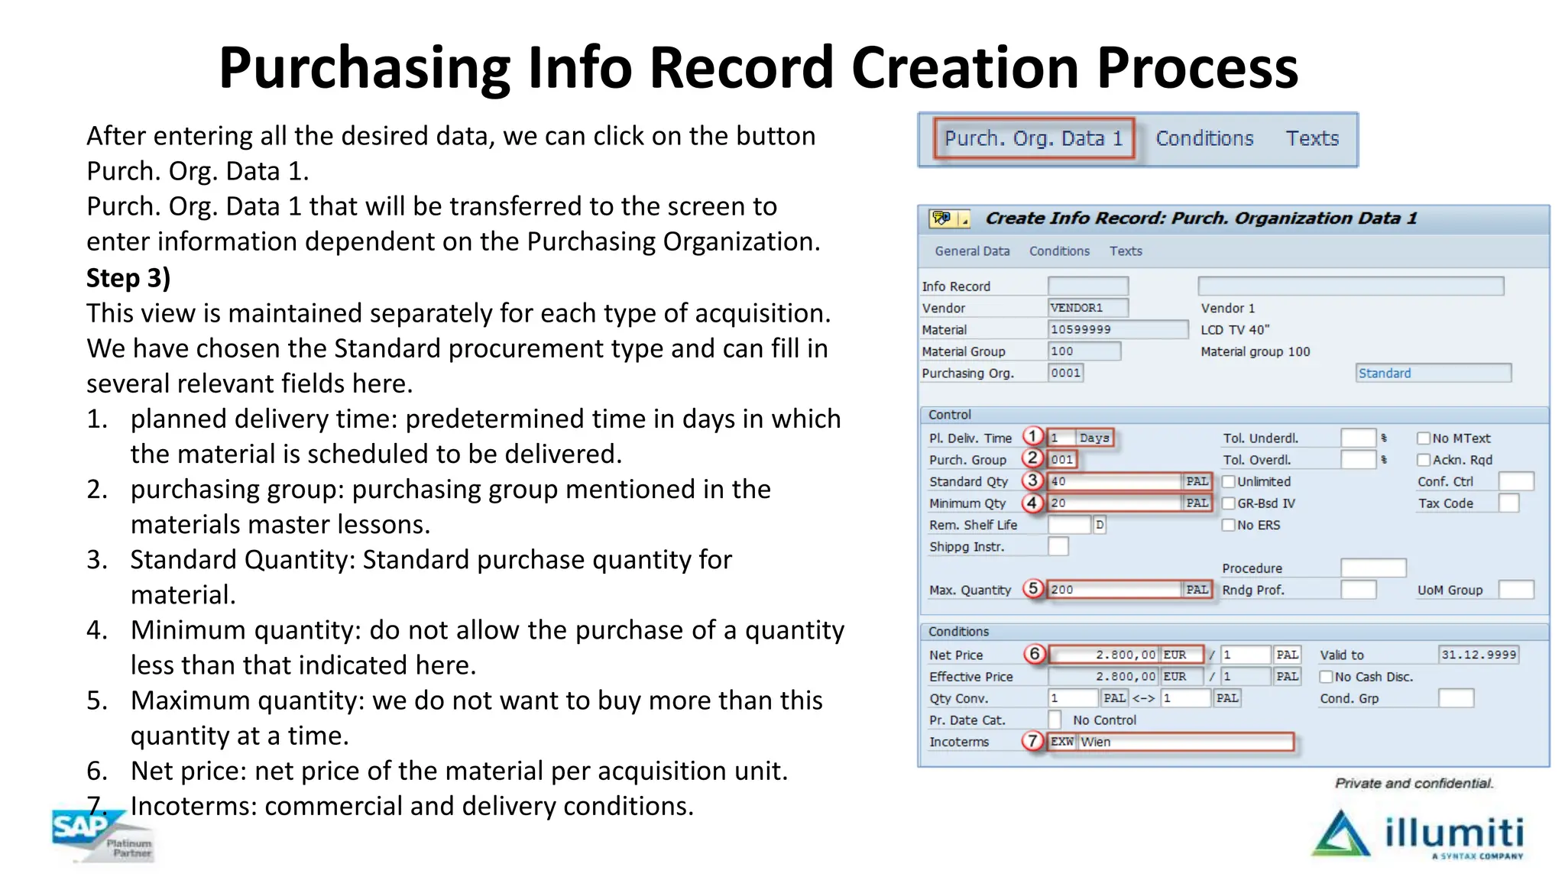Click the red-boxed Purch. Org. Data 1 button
click(x=1033, y=138)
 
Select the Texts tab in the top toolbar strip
click(x=1311, y=138)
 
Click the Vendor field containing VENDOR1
click(x=1087, y=308)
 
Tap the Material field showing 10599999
click(x=1117, y=329)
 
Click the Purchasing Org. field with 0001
click(x=1065, y=373)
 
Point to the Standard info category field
click(x=1433, y=373)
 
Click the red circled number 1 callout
click(x=1032, y=436)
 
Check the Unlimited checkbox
click(x=1229, y=481)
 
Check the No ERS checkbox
click(x=1229, y=525)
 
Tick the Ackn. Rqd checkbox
click(x=1424, y=460)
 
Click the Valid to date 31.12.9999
click(x=1478, y=655)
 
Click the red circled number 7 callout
click(x=1032, y=741)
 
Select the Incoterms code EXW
click(x=1061, y=742)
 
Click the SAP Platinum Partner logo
click(x=102, y=836)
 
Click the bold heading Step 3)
click(x=128, y=278)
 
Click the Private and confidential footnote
click(x=1414, y=783)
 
